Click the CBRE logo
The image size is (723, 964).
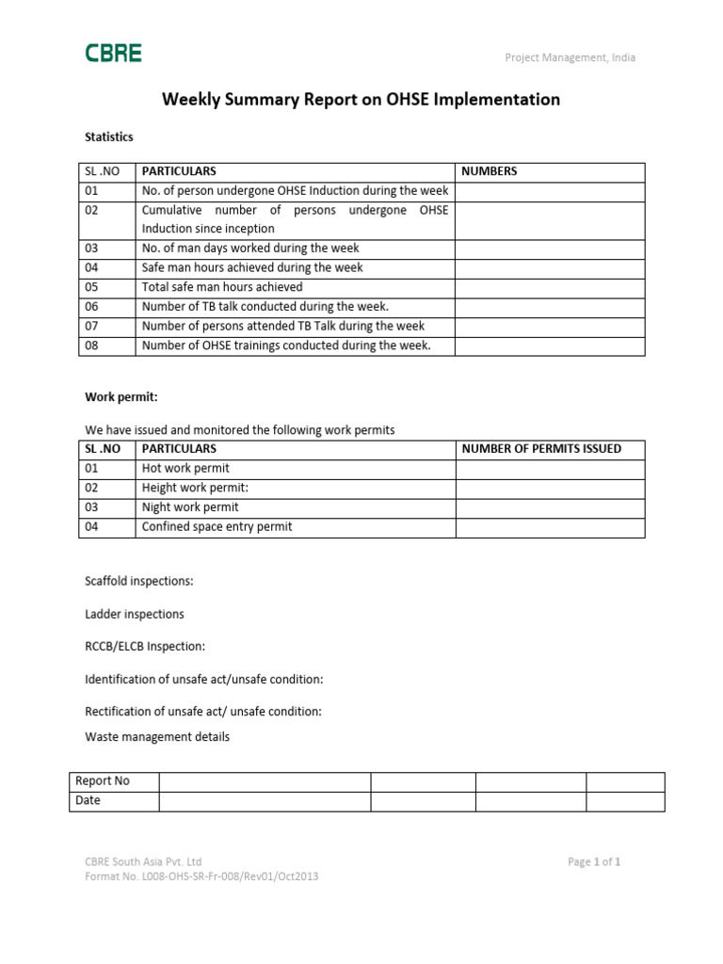113,54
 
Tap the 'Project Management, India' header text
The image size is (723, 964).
570,57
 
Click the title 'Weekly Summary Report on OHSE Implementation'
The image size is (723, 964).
361,99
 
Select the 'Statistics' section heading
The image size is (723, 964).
109,137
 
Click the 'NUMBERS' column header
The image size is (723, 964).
489,171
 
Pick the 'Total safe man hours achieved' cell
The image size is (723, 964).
222,287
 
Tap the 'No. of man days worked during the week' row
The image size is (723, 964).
250,249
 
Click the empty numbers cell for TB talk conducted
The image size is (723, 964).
550,307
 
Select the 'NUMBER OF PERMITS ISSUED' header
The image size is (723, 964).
541,449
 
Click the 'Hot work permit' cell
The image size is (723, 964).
185,469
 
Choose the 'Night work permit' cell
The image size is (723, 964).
190,507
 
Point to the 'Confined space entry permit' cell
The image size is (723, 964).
217,527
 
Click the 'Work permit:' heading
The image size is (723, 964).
115,397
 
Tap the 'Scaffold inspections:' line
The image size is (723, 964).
139,581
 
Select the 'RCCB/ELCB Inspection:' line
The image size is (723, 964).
145,647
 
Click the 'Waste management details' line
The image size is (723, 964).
157,737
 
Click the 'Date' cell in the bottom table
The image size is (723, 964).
88,801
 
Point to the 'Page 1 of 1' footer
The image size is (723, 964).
594,861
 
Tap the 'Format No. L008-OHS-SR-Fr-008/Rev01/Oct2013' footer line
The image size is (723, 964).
201,876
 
